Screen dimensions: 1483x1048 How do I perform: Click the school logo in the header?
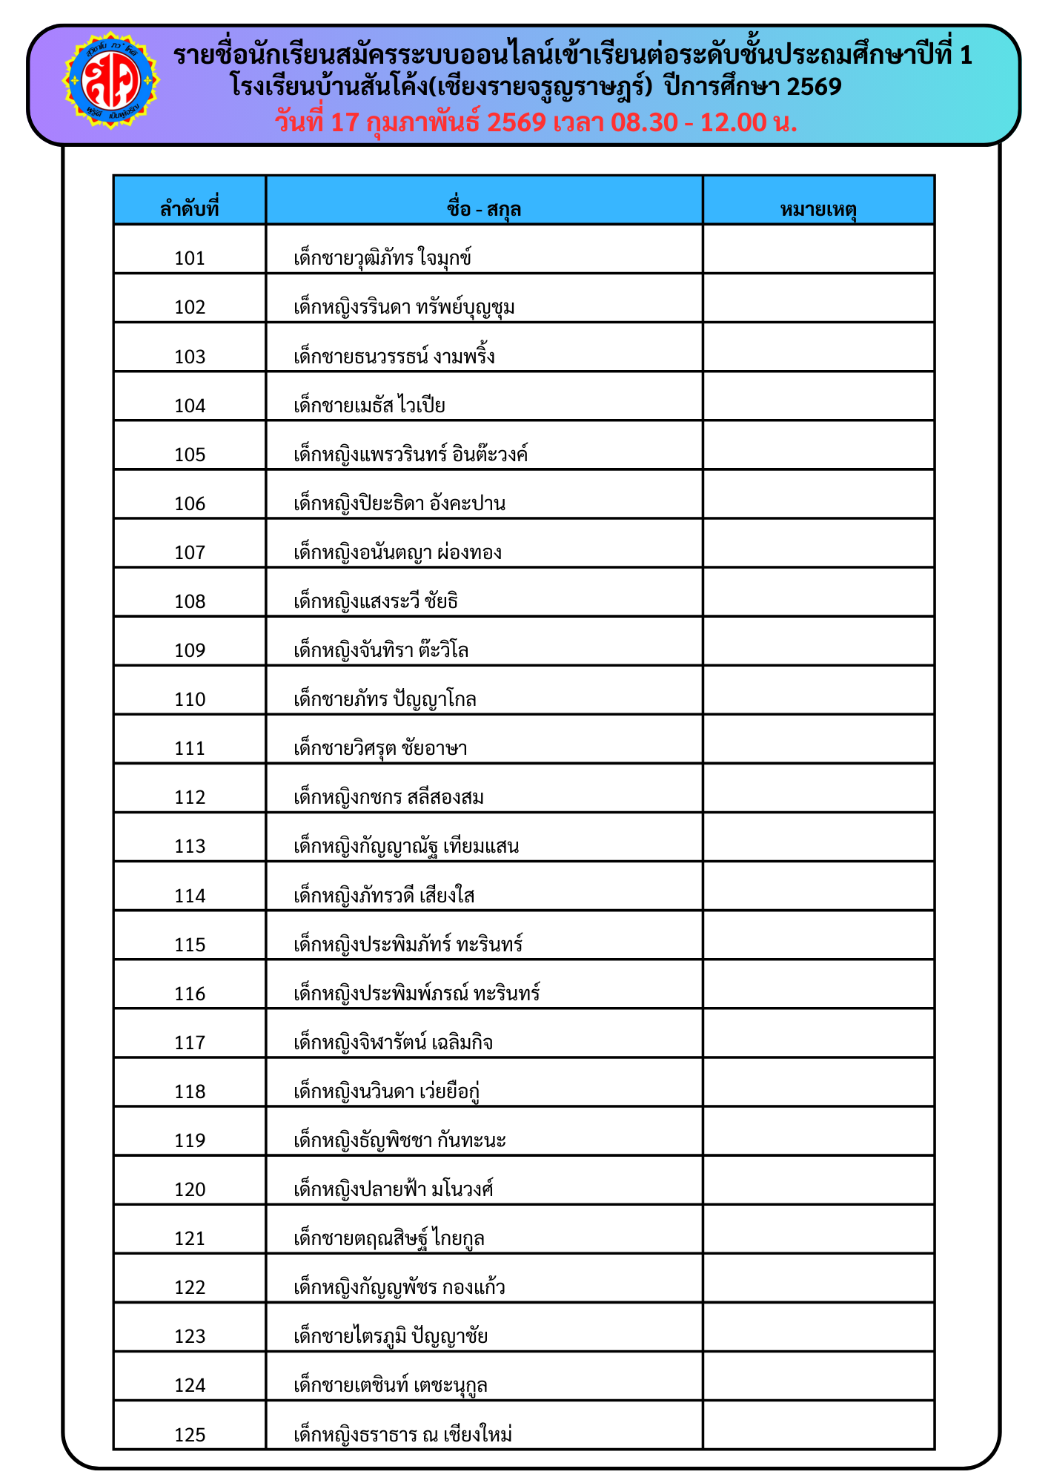click(x=110, y=80)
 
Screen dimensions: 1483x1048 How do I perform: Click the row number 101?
click(x=190, y=258)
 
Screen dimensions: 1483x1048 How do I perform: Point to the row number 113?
click(x=190, y=846)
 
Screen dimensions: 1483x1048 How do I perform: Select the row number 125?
click(x=190, y=1434)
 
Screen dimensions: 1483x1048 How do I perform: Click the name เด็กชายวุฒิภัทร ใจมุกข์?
click(x=382, y=258)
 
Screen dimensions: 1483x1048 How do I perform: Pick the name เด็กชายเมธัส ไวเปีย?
click(x=369, y=405)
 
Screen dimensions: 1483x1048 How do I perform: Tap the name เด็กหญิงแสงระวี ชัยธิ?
click(x=376, y=601)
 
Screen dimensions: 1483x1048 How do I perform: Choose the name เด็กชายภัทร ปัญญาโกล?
click(x=385, y=698)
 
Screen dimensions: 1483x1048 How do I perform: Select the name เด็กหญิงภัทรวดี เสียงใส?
click(x=384, y=895)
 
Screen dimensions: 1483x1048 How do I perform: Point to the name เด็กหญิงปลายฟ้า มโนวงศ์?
click(x=394, y=1189)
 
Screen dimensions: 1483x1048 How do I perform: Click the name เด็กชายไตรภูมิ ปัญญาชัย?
click(x=391, y=1335)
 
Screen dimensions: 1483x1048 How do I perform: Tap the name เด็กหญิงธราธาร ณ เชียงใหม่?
click(x=403, y=1434)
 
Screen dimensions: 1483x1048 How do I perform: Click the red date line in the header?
click(x=536, y=122)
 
